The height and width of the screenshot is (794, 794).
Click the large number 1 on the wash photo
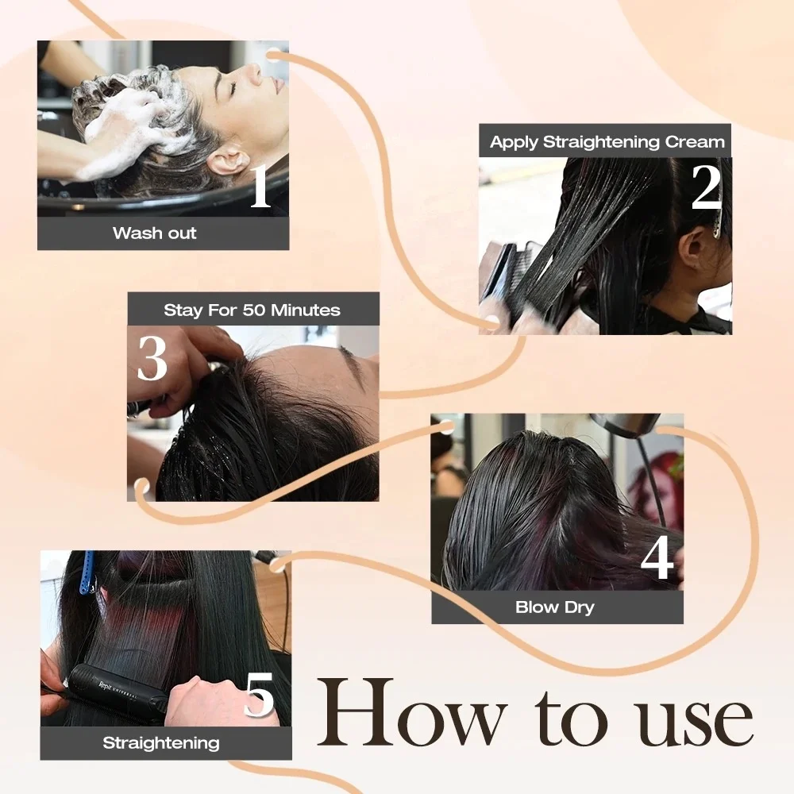coord(260,187)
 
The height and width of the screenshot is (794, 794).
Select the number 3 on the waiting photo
coord(152,358)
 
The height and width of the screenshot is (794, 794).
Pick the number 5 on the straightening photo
coord(259,696)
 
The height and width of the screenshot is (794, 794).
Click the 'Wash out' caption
coord(155,233)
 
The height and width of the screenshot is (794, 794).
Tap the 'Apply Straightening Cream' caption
coord(607,142)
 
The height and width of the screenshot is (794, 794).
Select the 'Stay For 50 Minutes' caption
coord(252,310)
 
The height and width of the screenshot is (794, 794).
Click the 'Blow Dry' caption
coord(555,608)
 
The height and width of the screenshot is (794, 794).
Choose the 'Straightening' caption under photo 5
coord(160,743)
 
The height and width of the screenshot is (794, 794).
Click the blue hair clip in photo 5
coord(86,572)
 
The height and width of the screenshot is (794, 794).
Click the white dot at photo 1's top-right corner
coord(272,55)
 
